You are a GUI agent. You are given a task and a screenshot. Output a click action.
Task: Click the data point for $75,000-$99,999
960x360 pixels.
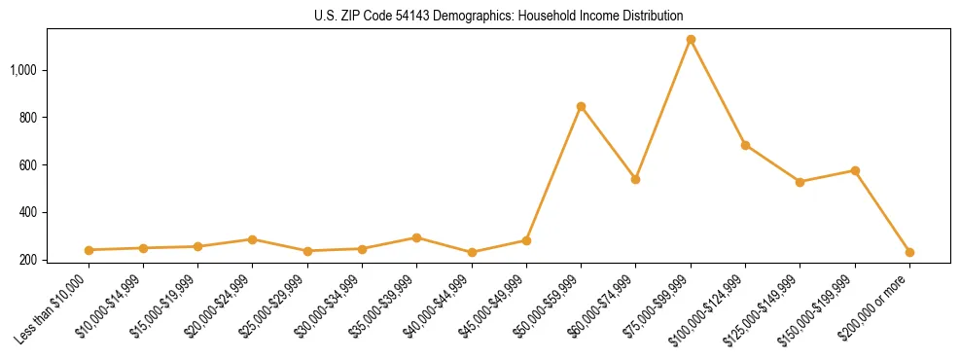point(691,40)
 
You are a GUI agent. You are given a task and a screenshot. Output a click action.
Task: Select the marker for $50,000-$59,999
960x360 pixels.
point(581,106)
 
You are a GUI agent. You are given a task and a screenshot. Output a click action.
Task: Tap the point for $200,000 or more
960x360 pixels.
point(909,252)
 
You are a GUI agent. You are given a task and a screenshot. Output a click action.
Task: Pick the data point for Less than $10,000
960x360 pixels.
point(89,250)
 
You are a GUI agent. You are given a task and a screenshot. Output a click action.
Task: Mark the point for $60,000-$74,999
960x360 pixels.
point(635,179)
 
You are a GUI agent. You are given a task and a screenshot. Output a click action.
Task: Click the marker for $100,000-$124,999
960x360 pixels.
point(745,145)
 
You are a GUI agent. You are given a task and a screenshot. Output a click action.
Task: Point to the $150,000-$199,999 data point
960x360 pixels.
point(855,170)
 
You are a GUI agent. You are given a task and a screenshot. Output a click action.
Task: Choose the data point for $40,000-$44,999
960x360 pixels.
point(472,252)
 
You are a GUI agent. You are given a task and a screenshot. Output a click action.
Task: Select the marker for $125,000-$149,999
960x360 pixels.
point(800,182)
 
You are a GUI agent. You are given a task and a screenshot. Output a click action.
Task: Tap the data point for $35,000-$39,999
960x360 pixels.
point(416,237)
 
